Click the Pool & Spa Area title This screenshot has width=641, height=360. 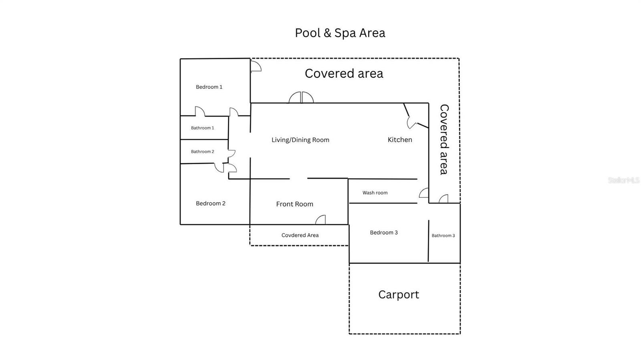(x=340, y=33)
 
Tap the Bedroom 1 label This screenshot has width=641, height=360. (x=209, y=87)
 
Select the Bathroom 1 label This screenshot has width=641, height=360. (x=202, y=128)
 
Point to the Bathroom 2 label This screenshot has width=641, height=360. (x=202, y=152)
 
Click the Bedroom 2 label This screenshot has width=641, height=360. (x=210, y=203)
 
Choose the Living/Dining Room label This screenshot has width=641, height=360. (x=300, y=140)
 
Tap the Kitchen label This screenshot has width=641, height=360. (x=399, y=140)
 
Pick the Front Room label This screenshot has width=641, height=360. (x=294, y=204)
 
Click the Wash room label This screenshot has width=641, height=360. (x=375, y=193)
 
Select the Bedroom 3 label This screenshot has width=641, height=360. (x=384, y=233)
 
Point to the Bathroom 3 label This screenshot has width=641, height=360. (x=443, y=236)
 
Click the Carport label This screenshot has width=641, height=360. (x=399, y=295)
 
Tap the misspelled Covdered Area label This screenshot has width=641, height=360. (x=300, y=235)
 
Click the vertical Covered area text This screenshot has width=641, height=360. (x=444, y=139)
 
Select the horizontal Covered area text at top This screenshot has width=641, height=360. (x=344, y=74)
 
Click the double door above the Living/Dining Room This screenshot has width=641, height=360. (x=301, y=98)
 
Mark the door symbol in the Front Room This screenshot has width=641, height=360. (x=320, y=220)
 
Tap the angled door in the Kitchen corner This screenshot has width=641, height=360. (x=412, y=121)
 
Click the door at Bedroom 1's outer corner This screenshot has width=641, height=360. (x=256, y=66)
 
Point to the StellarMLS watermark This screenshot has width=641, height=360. (x=623, y=180)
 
